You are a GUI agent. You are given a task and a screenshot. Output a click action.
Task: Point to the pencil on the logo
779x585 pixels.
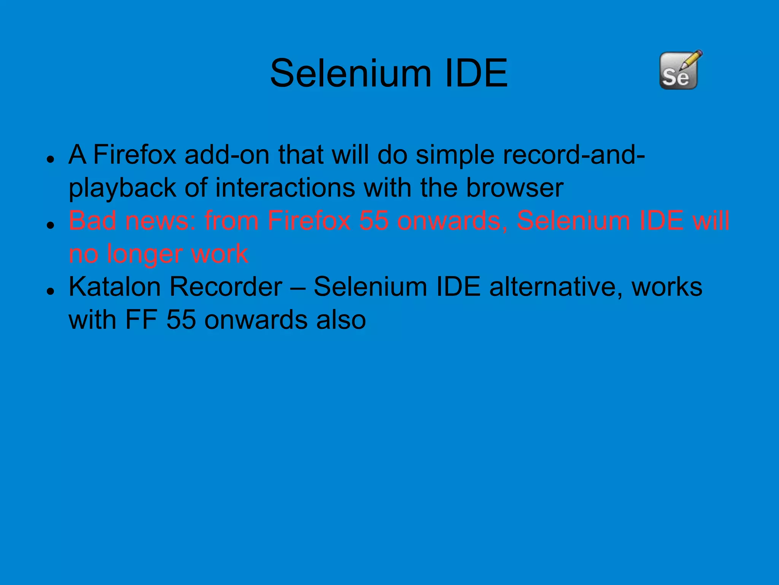pyautogui.click(x=692, y=60)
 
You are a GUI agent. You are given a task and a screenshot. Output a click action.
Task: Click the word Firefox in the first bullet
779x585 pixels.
pyautogui.click(x=135, y=155)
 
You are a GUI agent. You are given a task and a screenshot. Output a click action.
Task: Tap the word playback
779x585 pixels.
pyautogui.click(x=122, y=188)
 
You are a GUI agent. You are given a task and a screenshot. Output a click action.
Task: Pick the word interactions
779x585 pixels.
pyautogui.click(x=285, y=188)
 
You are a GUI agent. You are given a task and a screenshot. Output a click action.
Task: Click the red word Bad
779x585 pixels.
pyautogui.click(x=92, y=221)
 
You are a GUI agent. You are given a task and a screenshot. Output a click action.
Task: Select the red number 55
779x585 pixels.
pyautogui.click(x=374, y=221)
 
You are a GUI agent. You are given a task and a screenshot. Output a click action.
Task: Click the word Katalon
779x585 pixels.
pyautogui.click(x=114, y=287)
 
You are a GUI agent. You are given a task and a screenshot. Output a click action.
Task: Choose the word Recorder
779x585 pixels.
pyautogui.click(x=226, y=287)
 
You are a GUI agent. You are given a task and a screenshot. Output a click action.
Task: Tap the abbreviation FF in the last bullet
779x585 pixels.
pyautogui.click(x=141, y=320)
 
